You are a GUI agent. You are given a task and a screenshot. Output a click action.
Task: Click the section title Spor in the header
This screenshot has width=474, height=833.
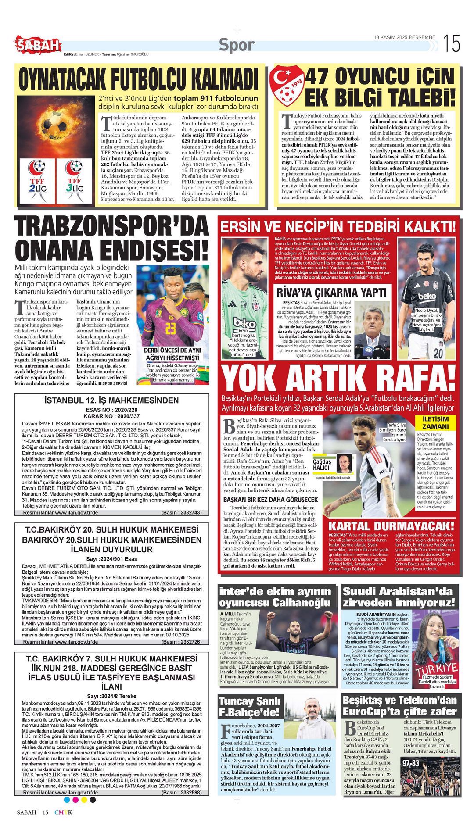point(237,45)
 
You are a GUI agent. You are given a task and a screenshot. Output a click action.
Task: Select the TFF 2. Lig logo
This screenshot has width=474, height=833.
point(38,181)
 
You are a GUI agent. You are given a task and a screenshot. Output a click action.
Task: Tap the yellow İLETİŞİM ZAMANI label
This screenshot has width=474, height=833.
point(435,422)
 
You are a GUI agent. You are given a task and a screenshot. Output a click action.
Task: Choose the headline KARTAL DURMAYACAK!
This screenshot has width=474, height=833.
point(391,526)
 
